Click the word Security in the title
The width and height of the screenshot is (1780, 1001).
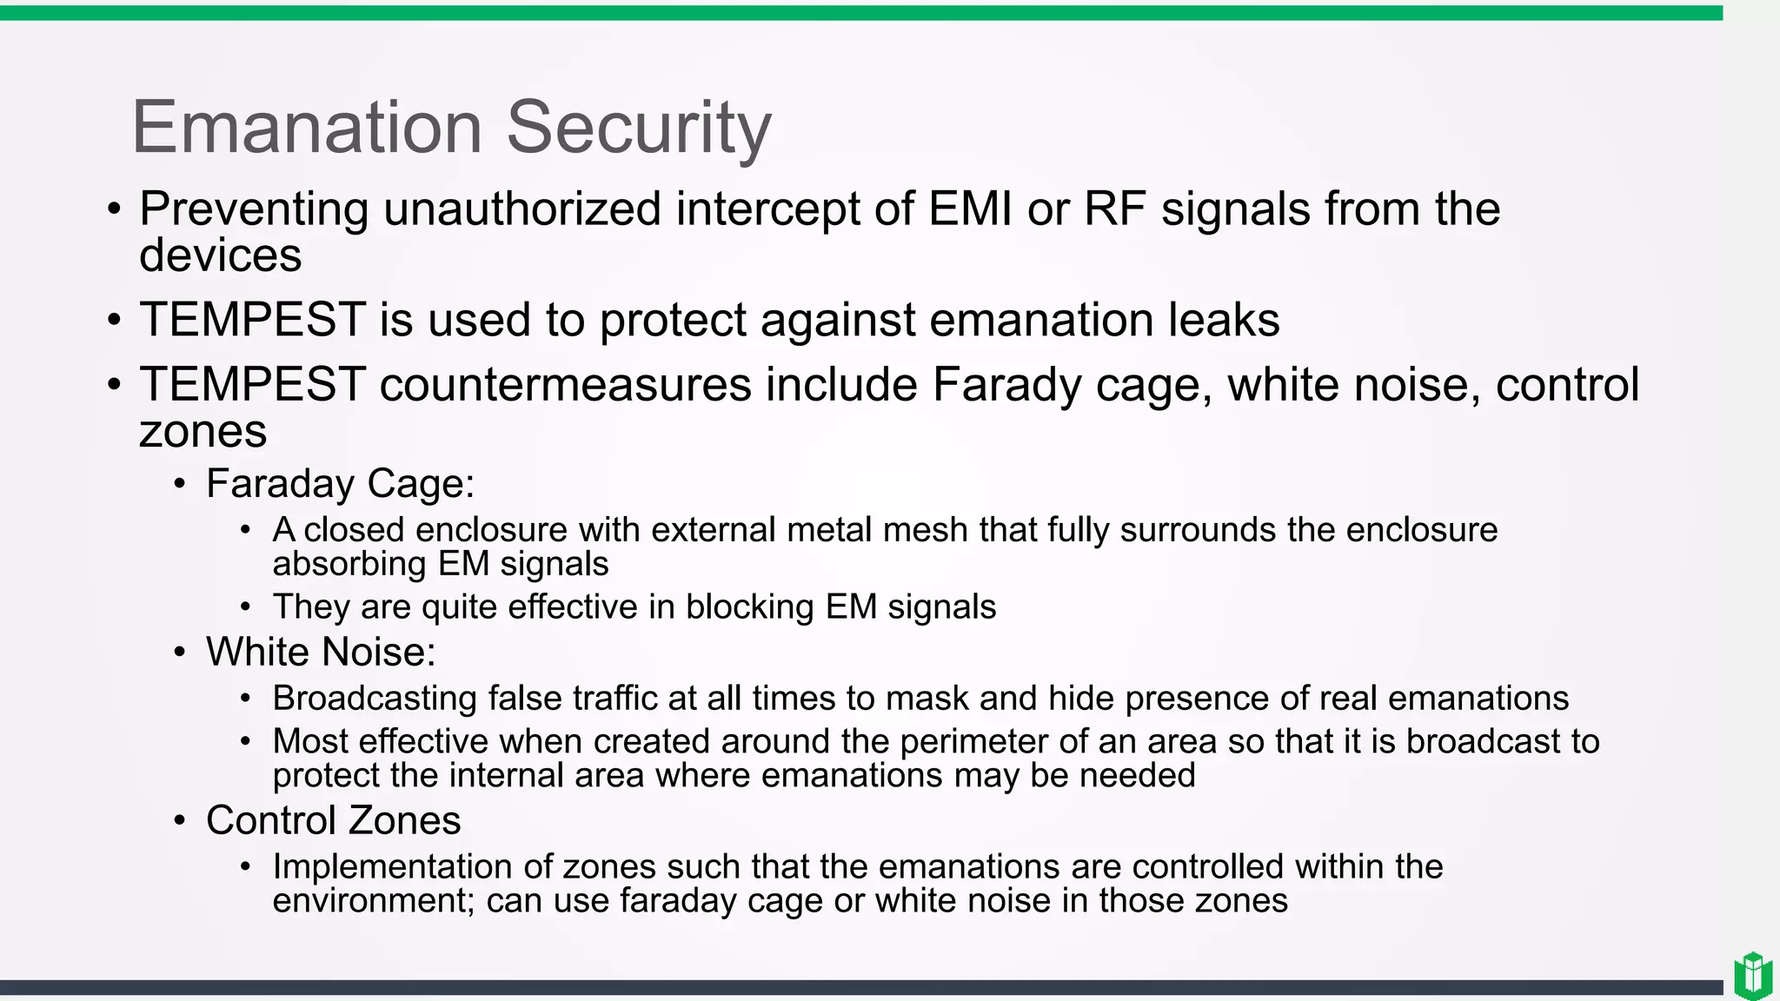(638, 128)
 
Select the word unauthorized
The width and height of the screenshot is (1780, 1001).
(521, 209)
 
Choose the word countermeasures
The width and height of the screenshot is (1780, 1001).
(565, 385)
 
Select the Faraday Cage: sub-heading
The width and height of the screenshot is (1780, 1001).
(340, 483)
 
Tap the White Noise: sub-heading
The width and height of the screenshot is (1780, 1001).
(321, 652)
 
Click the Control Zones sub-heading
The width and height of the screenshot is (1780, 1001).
(333, 820)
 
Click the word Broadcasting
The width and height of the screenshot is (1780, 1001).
(374, 699)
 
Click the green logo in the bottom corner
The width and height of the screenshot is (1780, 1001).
(1752, 977)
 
